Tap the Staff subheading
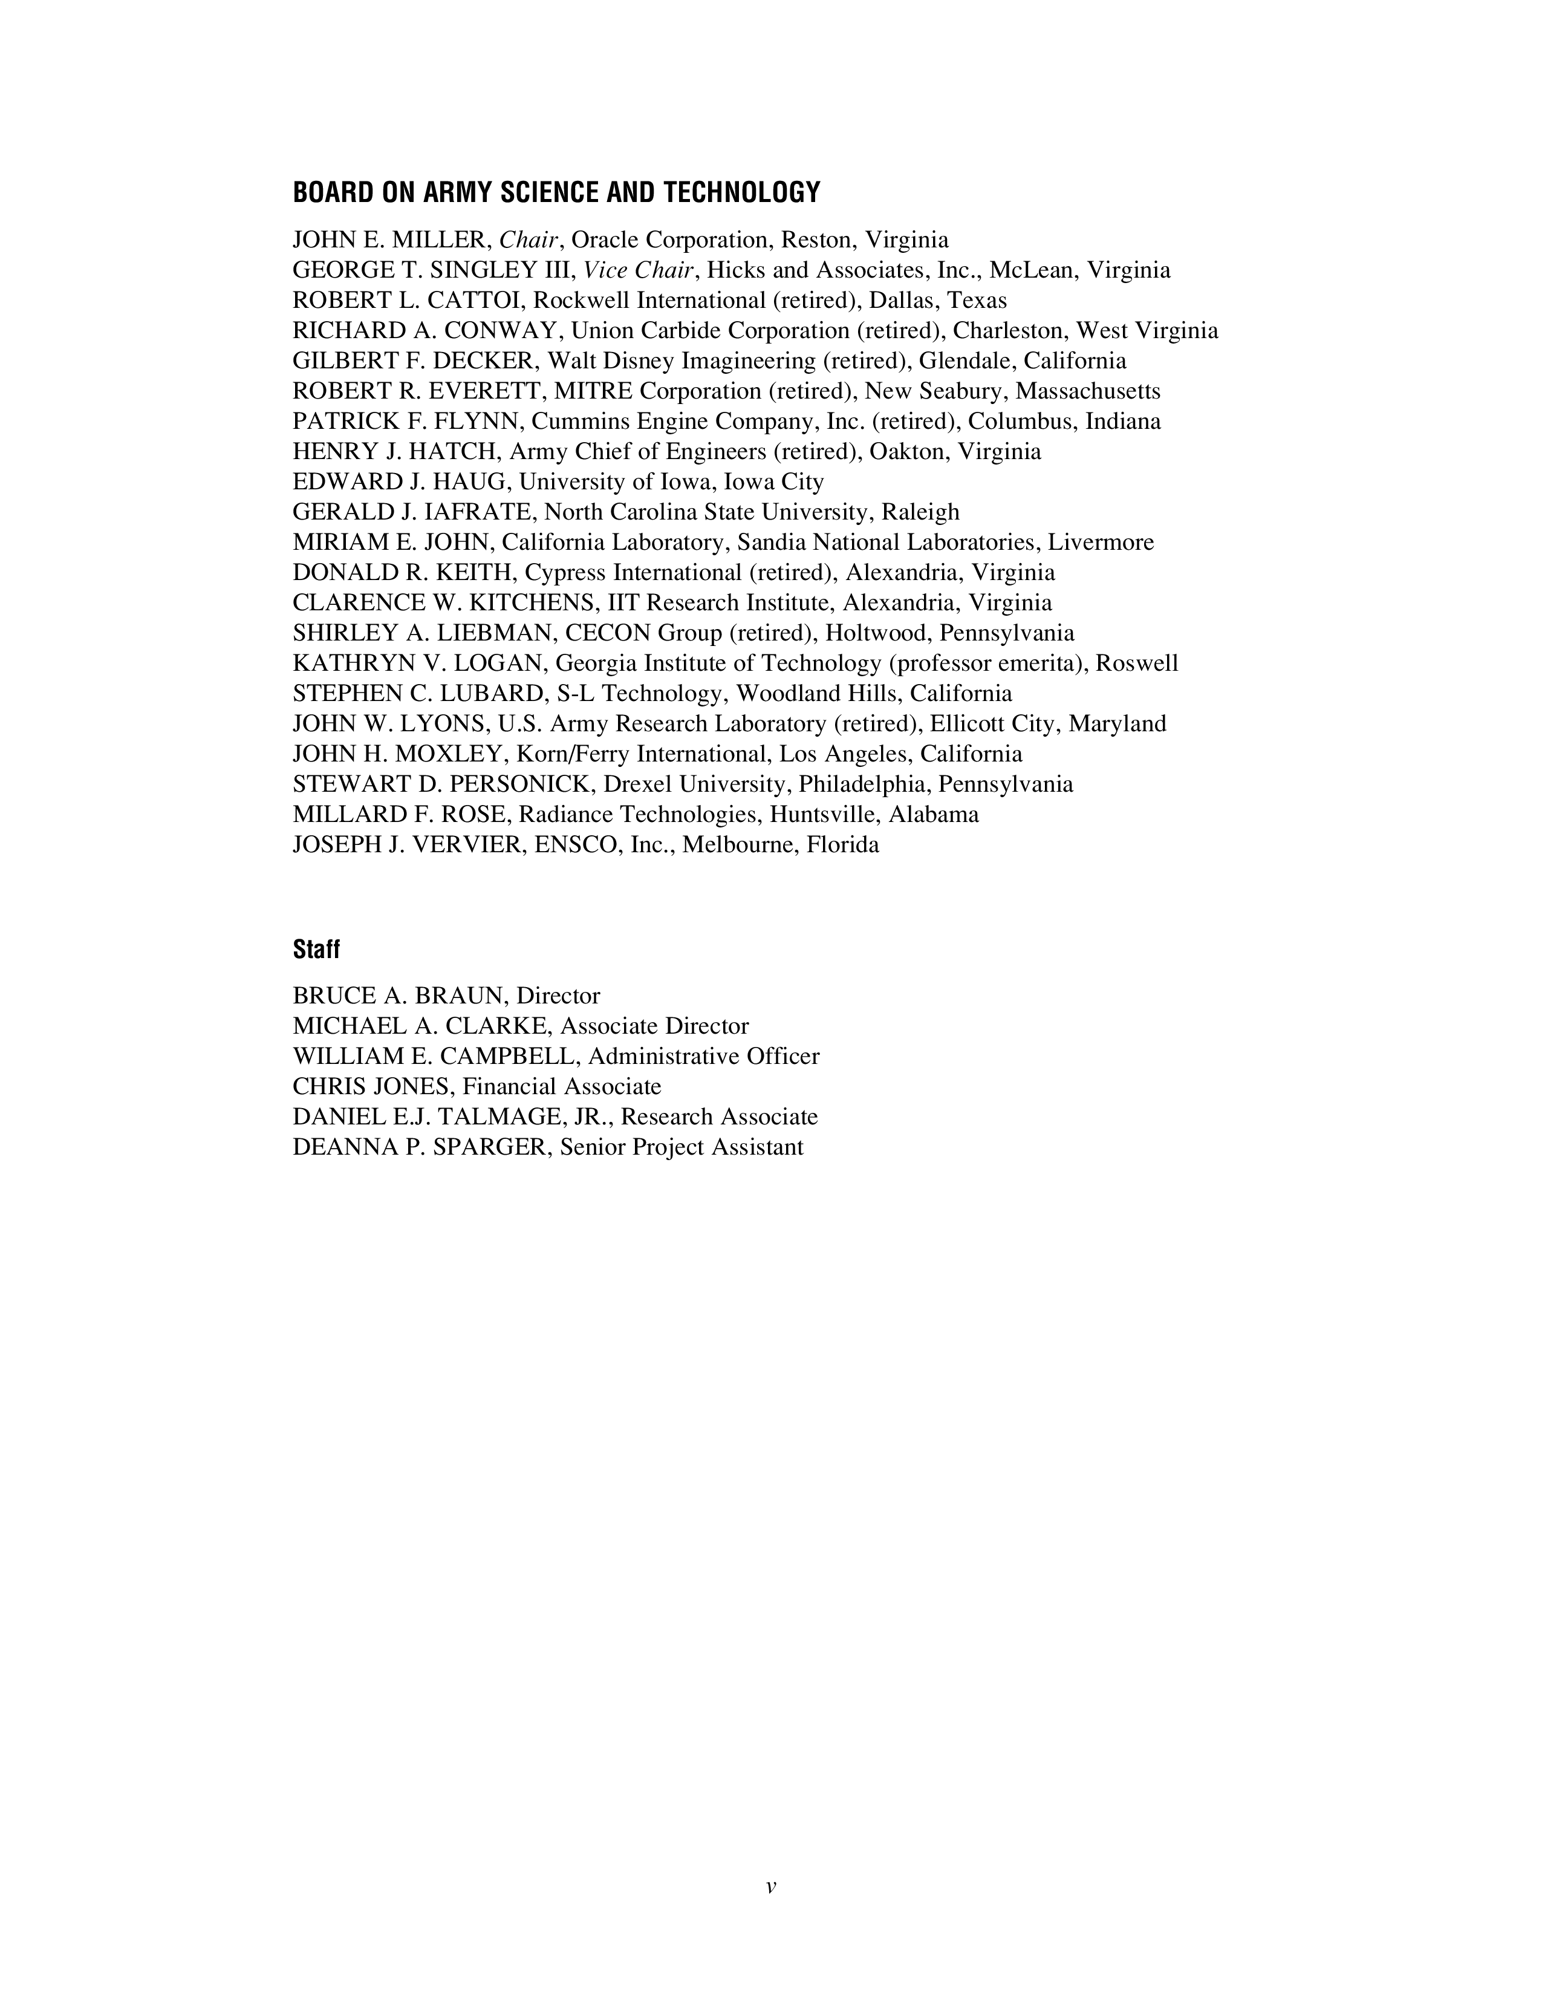coord(316,950)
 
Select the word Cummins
coord(574,422)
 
